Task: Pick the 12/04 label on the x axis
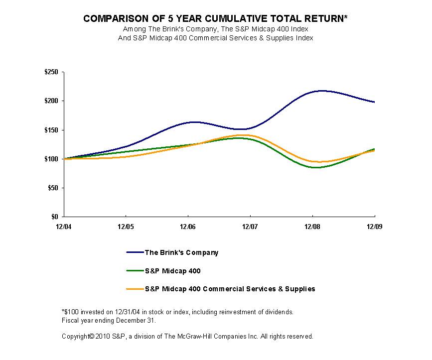[64, 227]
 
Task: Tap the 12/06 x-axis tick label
[188, 227]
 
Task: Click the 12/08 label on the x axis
[312, 227]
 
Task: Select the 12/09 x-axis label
[374, 227]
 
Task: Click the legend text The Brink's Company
[181, 252]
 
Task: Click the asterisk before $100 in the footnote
[63, 312]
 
